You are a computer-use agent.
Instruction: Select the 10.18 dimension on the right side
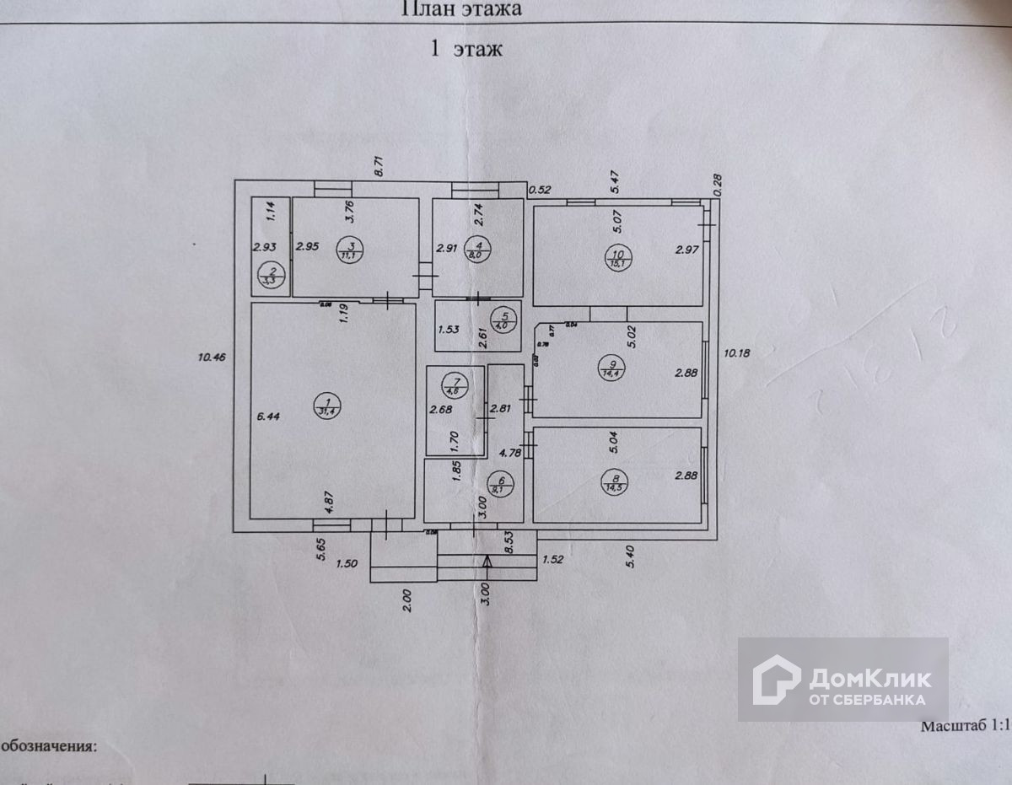[x=736, y=352]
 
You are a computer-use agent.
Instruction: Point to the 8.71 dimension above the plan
[x=379, y=165]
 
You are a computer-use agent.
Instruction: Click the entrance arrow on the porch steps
[x=487, y=564]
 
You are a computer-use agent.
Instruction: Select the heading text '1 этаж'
[x=466, y=49]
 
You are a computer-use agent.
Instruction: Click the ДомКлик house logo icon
[x=775, y=680]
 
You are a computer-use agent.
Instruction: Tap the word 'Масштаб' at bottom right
[x=954, y=725]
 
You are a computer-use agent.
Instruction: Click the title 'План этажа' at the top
[x=460, y=9]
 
